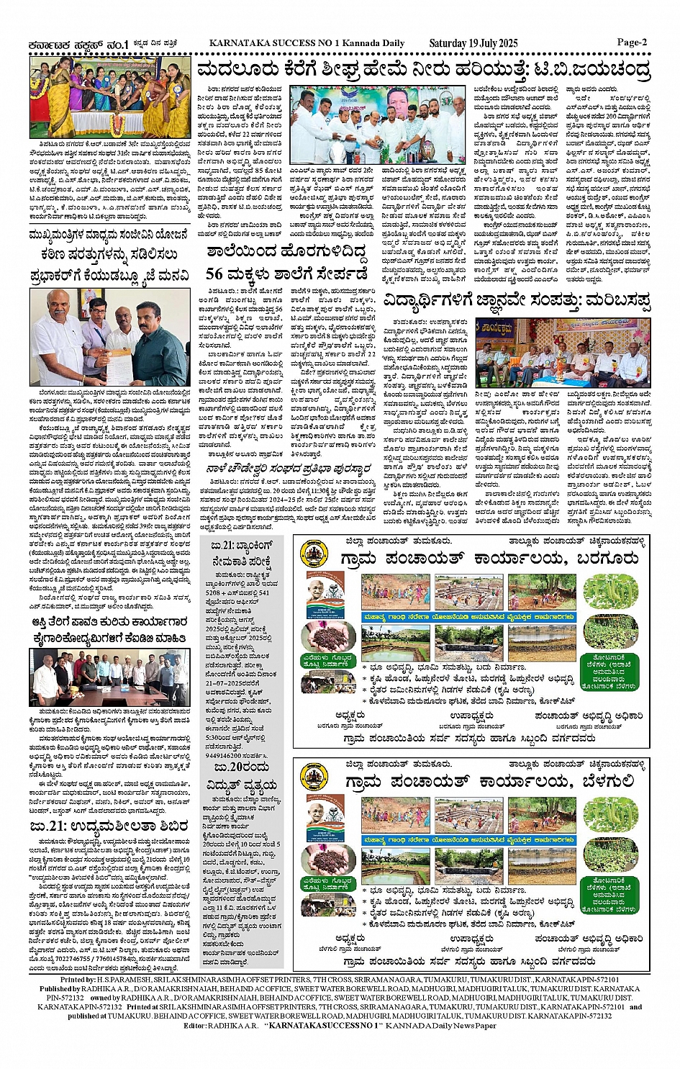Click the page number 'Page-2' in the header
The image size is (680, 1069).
pyautogui.click(x=632, y=42)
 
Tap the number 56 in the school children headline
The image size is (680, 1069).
pyautogui.click(x=215, y=274)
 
